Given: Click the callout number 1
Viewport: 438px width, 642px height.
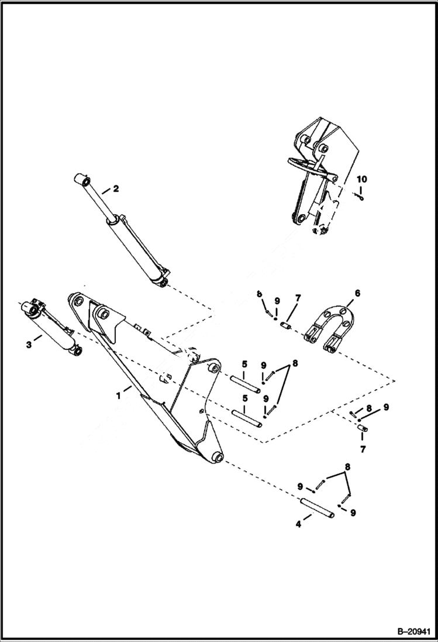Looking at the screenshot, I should click(x=119, y=396).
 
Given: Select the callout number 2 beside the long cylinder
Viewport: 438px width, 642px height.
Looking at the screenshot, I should click(x=116, y=188).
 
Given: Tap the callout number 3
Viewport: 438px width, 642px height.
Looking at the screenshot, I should click(x=29, y=345).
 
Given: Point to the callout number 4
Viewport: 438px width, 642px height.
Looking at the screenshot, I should click(x=299, y=524).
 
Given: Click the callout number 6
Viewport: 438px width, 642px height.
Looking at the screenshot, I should click(x=357, y=293).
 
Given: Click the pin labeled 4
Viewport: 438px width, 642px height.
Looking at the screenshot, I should click(x=318, y=506).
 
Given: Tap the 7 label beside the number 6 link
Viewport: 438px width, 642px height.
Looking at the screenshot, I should click(x=297, y=298).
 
